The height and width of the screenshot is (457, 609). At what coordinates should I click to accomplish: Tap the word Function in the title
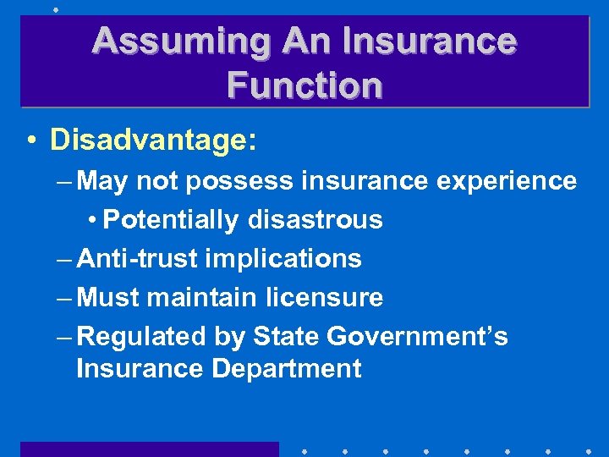tap(304, 85)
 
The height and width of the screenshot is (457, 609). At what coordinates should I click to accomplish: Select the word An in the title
tap(296, 41)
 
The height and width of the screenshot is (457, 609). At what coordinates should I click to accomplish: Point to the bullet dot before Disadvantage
tap(31, 141)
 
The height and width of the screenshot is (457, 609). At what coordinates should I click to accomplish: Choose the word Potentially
tap(173, 220)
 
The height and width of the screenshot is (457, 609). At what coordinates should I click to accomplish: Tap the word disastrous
tap(315, 220)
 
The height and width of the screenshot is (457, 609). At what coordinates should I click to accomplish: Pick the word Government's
tap(418, 337)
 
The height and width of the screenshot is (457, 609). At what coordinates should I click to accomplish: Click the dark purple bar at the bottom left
tap(149, 449)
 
